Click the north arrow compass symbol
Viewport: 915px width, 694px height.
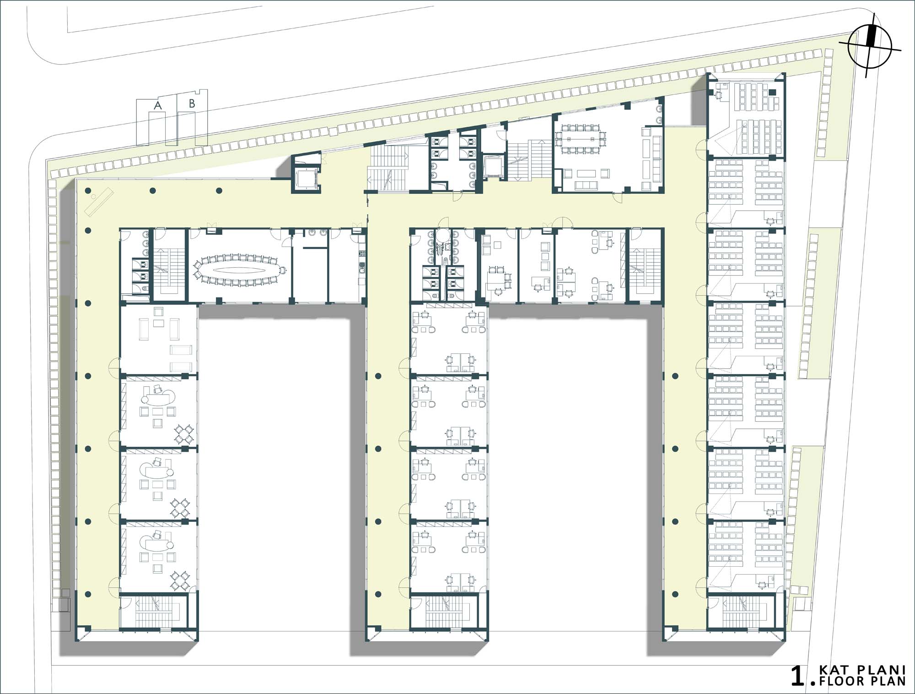click(x=869, y=45)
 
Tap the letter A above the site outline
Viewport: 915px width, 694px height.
click(x=158, y=106)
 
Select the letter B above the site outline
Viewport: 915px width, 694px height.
click(x=192, y=104)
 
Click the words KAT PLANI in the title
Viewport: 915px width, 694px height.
click(x=862, y=671)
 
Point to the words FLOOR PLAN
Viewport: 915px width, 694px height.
click(x=862, y=682)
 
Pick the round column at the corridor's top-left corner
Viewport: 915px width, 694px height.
click(x=87, y=191)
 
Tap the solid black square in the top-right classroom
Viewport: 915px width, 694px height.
click(x=773, y=92)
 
